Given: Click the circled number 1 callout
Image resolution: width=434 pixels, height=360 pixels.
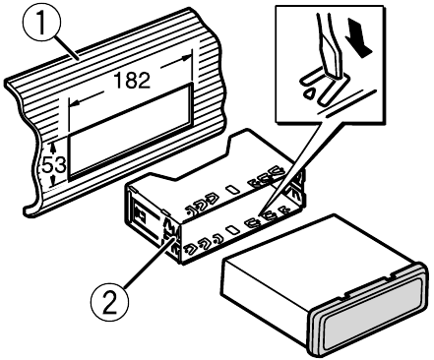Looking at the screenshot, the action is coord(41,23).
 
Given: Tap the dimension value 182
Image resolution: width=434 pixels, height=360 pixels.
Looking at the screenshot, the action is coord(132,80).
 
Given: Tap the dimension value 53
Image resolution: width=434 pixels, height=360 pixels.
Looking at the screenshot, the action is coord(54,165).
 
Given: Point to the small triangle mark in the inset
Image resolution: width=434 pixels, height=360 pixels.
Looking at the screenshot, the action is coord(309,93).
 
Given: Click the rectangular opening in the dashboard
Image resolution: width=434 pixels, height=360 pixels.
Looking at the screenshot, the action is coord(131,131).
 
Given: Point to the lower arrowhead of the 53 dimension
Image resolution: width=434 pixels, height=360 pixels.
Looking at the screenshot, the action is coord(52,181).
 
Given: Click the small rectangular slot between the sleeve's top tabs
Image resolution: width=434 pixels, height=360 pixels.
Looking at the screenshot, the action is coord(233,189).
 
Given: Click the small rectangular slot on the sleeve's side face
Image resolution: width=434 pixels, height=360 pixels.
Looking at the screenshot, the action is coord(233,229).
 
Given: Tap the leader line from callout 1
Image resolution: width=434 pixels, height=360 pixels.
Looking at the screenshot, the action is coord(66,49).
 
